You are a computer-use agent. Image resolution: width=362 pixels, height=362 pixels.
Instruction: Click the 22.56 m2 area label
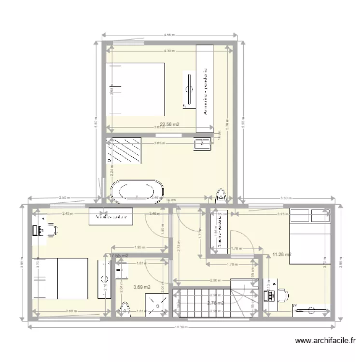170,124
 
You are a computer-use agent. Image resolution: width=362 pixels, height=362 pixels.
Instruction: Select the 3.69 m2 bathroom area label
142,287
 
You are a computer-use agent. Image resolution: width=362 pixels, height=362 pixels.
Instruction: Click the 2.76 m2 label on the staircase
215,303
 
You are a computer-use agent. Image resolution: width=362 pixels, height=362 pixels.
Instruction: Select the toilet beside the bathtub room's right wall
222,195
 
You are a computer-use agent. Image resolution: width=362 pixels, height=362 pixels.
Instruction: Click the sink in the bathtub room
203,143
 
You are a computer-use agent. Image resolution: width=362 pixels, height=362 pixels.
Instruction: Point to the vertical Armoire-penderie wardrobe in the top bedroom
205,88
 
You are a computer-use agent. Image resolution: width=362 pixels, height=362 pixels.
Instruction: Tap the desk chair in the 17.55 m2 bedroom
52,230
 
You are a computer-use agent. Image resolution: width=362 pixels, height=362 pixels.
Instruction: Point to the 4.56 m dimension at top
169,35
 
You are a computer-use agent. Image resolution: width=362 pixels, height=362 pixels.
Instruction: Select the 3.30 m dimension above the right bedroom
286,198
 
